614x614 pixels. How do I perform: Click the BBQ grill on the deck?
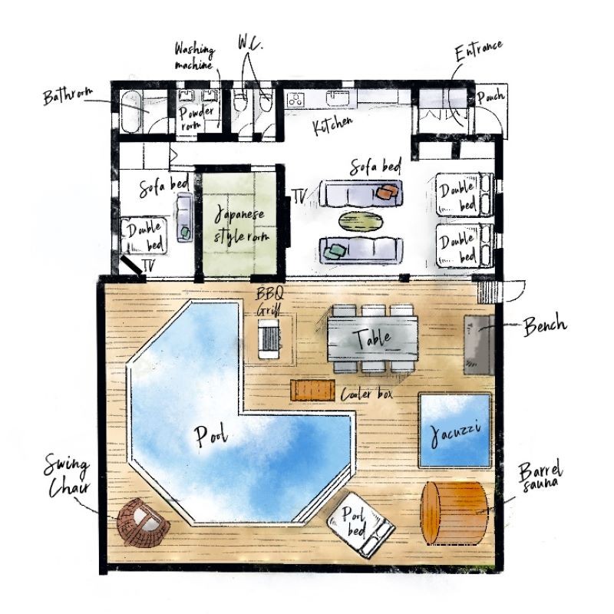[269, 338]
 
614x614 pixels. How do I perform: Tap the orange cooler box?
[312, 390]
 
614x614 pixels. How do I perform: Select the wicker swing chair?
[143, 522]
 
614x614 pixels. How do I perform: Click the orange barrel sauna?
[454, 513]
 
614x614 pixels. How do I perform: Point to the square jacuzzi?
[455, 431]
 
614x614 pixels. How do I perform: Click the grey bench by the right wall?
[479, 345]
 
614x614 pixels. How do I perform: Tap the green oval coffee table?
[361, 220]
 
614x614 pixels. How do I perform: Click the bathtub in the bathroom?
[130, 111]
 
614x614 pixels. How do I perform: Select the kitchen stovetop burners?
[295, 100]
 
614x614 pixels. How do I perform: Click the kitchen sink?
[338, 98]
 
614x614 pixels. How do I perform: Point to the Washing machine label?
[195, 57]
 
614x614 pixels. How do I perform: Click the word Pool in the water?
[211, 436]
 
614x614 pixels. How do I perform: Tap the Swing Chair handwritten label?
[68, 476]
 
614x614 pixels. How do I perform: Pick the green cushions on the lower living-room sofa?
[337, 251]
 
